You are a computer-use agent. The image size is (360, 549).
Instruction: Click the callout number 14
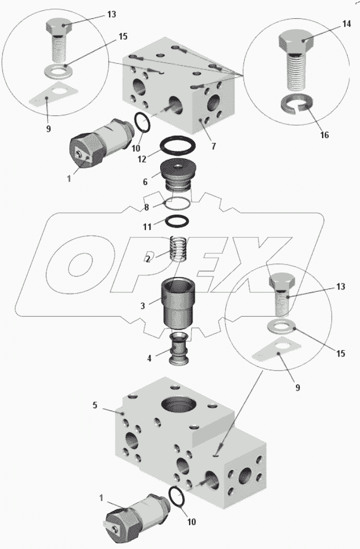(x=346, y=24)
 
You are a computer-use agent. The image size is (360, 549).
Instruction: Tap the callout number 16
(x=325, y=135)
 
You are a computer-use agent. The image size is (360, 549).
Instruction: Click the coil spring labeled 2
(x=179, y=248)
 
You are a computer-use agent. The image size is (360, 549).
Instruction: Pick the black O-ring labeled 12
(x=178, y=144)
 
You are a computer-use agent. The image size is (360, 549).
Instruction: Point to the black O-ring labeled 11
(x=177, y=221)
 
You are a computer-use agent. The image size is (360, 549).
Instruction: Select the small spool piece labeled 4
(x=179, y=348)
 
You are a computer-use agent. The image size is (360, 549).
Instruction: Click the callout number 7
(x=214, y=146)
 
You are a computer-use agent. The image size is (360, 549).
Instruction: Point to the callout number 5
(x=95, y=405)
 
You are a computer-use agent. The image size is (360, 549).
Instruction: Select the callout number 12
(x=142, y=159)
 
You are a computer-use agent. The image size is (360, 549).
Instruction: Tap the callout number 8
(x=146, y=207)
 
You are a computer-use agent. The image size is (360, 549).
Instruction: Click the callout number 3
(x=143, y=305)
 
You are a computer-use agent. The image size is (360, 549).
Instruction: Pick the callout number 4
(x=149, y=359)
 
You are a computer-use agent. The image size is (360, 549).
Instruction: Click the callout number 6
(x=145, y=182)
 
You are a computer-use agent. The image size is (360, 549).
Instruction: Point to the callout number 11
(x=147, y=227)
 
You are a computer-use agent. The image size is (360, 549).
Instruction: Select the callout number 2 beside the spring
(x=148, y=259)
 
